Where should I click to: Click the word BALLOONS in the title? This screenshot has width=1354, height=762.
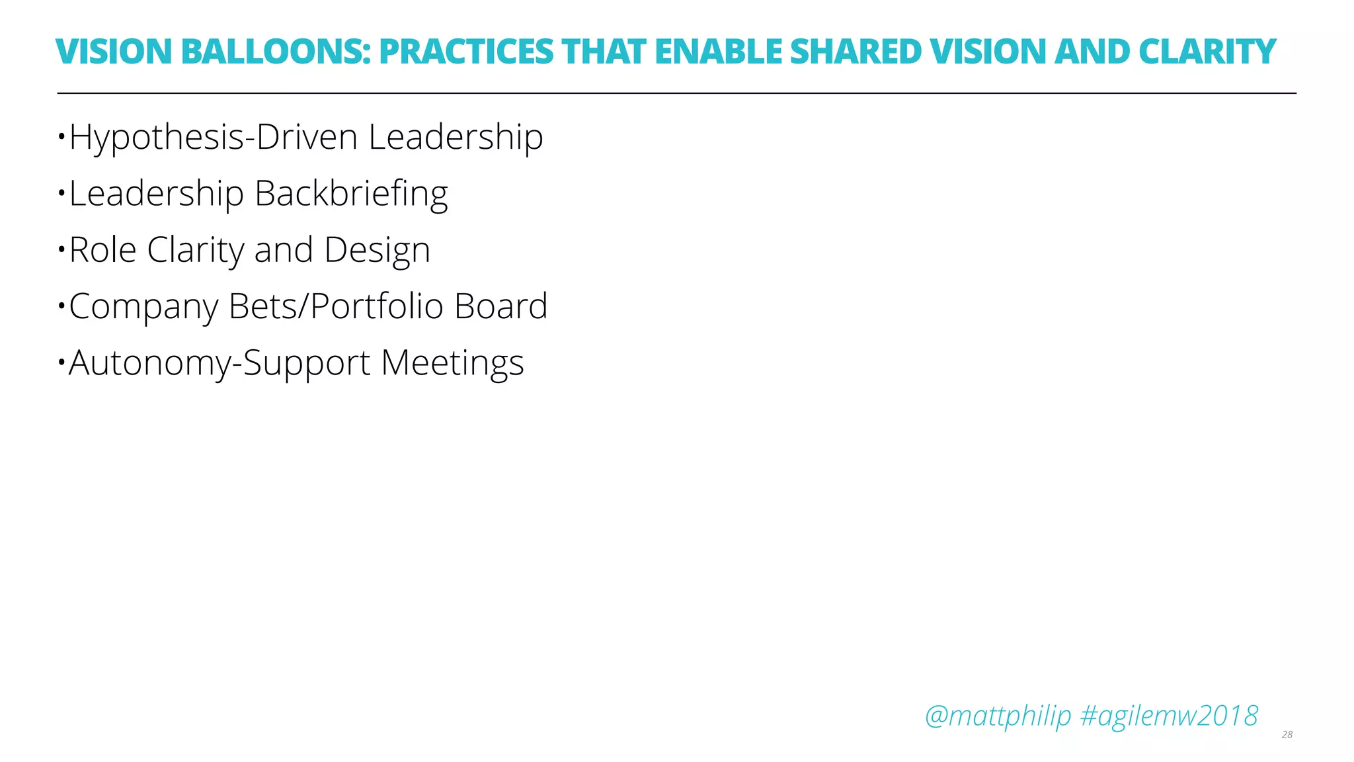click(x=275, y=52)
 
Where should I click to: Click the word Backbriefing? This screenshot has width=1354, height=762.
click(x=351, y=194)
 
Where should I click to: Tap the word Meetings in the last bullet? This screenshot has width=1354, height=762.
click(x=452, y=363)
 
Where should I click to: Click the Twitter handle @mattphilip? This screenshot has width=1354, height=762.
click(x=998, y=716)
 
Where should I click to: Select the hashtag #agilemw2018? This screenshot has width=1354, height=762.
click(x=1168, y=716)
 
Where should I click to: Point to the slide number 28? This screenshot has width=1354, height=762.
click(x=1287, y=735)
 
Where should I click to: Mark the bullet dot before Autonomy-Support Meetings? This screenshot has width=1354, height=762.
click(x=61, y=362)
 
